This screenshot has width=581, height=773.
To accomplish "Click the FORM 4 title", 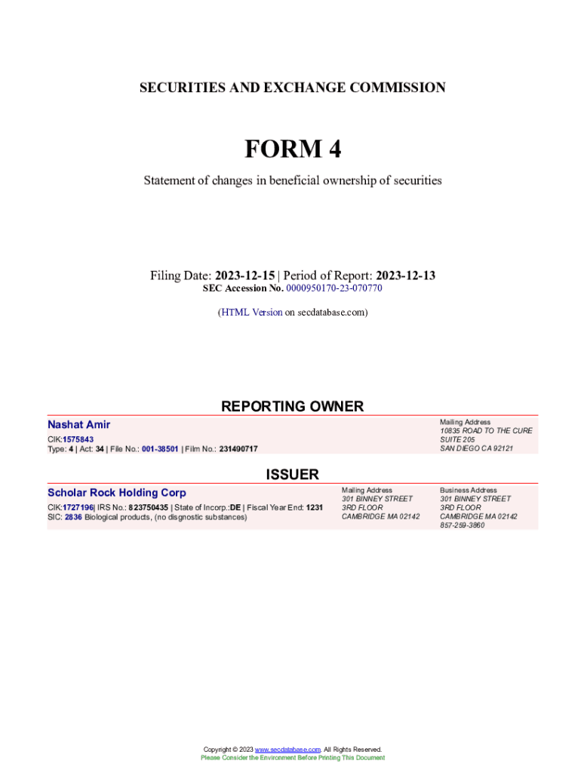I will (292, 149).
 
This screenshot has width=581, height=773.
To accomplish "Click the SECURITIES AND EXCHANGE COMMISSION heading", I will (292, 88).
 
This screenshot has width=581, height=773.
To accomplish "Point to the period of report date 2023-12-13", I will (405, 276).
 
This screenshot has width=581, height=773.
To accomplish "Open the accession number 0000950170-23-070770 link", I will (334, 289).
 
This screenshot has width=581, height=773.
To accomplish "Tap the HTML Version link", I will (251, 312).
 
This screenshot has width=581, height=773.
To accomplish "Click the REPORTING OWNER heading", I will (292, 406).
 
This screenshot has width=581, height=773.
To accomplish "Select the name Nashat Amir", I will (78, 425).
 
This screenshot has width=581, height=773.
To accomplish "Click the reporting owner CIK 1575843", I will (78, 439).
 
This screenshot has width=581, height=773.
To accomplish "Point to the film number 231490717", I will (238, 449).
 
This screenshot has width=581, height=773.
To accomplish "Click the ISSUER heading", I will (292, 474).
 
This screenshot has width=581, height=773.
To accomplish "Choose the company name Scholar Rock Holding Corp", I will (117, 493).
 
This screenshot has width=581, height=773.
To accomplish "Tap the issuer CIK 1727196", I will (78, 507).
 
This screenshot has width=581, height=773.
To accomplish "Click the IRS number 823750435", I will (148, 507).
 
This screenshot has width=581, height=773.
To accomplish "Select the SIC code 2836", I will (73, 517).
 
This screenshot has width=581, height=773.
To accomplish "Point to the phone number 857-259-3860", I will (463, 525).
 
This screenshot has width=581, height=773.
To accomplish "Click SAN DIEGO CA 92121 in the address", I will (476, 448).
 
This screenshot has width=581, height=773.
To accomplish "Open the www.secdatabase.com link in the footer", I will (288, 750).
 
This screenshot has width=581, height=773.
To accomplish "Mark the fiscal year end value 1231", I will (315, 507).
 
